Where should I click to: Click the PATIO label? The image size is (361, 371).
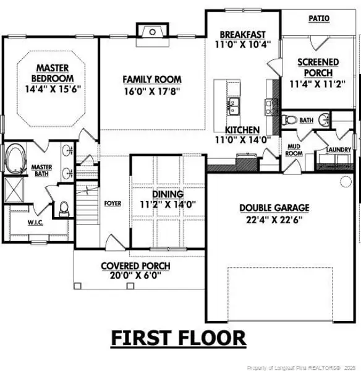319,18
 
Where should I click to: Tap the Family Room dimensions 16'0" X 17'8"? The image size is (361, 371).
152,91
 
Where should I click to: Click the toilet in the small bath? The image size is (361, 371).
289,119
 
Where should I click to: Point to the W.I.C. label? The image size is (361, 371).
35,223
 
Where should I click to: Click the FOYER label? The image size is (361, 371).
113,203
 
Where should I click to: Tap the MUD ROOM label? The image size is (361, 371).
294,150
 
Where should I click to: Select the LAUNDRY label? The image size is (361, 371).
339,150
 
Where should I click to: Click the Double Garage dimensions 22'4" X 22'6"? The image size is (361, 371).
274,220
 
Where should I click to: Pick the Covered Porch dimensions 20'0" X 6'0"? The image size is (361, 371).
135,275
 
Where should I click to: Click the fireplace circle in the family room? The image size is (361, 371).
153,32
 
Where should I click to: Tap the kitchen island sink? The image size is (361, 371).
233,106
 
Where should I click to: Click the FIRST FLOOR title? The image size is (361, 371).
179,338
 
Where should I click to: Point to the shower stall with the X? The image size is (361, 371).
14,190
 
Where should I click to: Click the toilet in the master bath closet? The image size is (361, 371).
64,209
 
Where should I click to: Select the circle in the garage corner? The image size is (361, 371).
346,181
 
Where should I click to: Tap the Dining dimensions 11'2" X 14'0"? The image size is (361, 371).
168,204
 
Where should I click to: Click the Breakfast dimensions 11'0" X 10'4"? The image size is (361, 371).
243,45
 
